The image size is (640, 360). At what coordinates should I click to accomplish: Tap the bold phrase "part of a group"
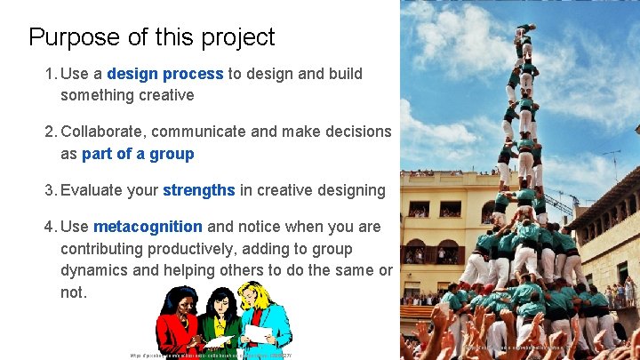point(138,154)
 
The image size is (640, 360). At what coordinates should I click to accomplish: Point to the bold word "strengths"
point(199,190)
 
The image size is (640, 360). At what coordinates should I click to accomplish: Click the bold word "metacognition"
point(148,227)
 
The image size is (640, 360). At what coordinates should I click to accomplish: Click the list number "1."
point(51,74)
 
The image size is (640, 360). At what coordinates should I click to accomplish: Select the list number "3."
point(52,190)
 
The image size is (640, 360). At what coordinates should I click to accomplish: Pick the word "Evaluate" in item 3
point(109,190)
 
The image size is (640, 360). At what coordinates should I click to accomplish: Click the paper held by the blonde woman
point(258,333)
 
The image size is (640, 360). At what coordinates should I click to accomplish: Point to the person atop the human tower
point(525,32)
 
